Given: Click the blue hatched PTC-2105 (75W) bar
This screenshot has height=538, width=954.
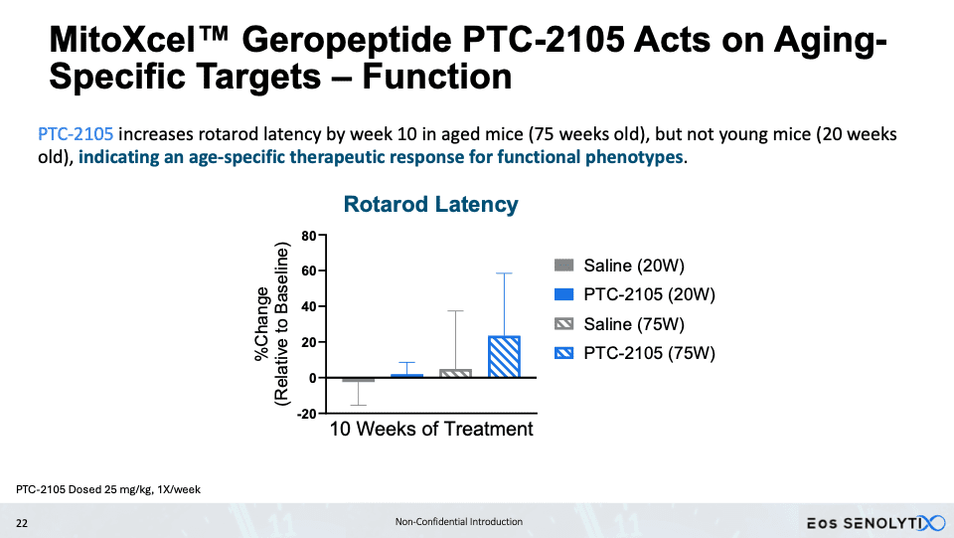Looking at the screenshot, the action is [504, 357].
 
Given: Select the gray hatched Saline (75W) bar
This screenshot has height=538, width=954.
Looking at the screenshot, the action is [455, 373].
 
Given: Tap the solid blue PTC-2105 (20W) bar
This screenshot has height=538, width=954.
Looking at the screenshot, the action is [406, 376].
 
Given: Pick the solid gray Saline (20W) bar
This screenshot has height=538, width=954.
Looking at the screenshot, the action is [359, 380].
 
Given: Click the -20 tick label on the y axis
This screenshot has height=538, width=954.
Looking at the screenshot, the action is [307, 414].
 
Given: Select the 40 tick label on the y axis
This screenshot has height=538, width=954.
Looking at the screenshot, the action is [308, 306].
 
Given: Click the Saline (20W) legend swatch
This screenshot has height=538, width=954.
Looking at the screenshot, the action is [564, 266].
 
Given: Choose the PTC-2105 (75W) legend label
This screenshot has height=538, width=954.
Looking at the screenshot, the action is [649, 353].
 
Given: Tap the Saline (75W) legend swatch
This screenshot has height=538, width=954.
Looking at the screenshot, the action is [564, 324].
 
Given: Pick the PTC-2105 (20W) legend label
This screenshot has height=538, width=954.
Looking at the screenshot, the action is [649, 294].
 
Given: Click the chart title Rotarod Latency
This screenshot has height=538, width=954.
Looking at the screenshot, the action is [430, 204].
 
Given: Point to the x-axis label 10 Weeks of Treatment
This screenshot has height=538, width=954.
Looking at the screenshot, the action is [430, 429].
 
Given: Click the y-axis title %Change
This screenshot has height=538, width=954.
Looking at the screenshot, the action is [261, 324].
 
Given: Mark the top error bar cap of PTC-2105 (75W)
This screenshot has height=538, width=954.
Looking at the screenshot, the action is [504, 273].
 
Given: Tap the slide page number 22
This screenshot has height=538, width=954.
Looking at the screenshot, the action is [22, 523].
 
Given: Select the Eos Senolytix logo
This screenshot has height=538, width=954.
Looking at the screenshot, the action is [876, 523].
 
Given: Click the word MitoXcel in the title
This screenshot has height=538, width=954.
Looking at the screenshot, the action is [139, 40].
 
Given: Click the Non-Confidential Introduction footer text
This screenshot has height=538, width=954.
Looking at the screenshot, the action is [459, 521].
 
